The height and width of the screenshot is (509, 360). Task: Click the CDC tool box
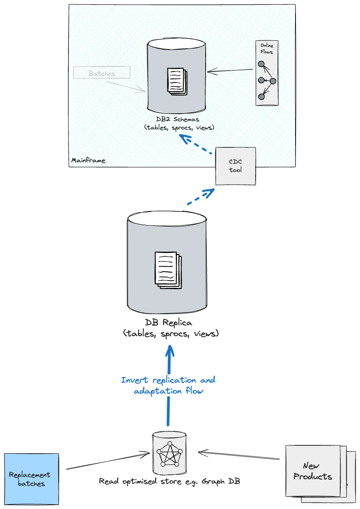[235, 166]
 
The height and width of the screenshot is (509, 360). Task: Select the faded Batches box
[102, 73]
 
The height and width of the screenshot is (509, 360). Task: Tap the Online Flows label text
[267, 49]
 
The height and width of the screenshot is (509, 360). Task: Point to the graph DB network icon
[169, 453]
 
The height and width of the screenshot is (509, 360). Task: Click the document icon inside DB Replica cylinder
[168, 270]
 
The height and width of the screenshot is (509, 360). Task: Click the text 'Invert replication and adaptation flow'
[168, 385]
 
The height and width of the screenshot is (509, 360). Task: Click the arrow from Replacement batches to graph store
[107, 462]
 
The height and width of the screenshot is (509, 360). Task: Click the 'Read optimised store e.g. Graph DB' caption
[169, 481]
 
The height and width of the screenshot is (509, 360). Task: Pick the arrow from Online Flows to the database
[231, 71]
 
